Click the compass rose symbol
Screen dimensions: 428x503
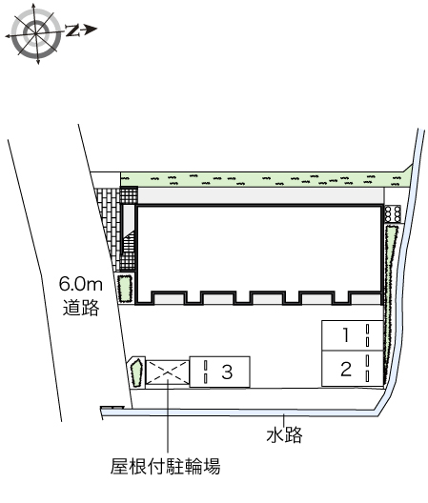click(x=35, y=33)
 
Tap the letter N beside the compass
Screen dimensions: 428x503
click(x=72, y=30)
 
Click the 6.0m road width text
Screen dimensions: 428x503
click(x=81, y=284)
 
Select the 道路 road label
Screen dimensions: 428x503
click(x=81, y=308)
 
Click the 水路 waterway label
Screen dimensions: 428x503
click(x=284, y=435)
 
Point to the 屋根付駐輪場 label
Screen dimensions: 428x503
click(x=165, y=466)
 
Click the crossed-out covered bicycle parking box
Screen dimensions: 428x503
click(x=167, y=372)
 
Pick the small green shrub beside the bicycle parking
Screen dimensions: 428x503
click(x=136, y=372)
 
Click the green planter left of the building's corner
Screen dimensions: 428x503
click(x=125, y=288)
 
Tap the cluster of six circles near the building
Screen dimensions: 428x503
click(x=393, y=213)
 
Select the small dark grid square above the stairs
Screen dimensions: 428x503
click(x=129, y=195)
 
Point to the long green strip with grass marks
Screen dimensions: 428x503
click(x=266, y=180)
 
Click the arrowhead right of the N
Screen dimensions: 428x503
click(x=91, y=30)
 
